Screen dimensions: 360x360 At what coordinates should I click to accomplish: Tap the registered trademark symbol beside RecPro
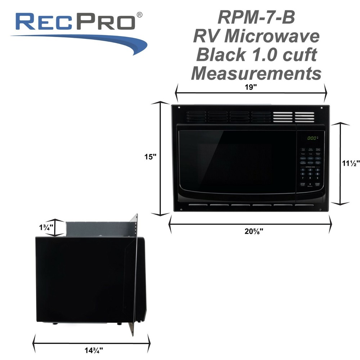click(139, 14)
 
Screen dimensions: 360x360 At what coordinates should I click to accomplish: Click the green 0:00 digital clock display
click(311, 138)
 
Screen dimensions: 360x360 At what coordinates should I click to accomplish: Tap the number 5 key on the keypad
click(310, 174)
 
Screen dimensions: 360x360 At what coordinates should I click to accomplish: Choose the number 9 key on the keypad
click(318, 178)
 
